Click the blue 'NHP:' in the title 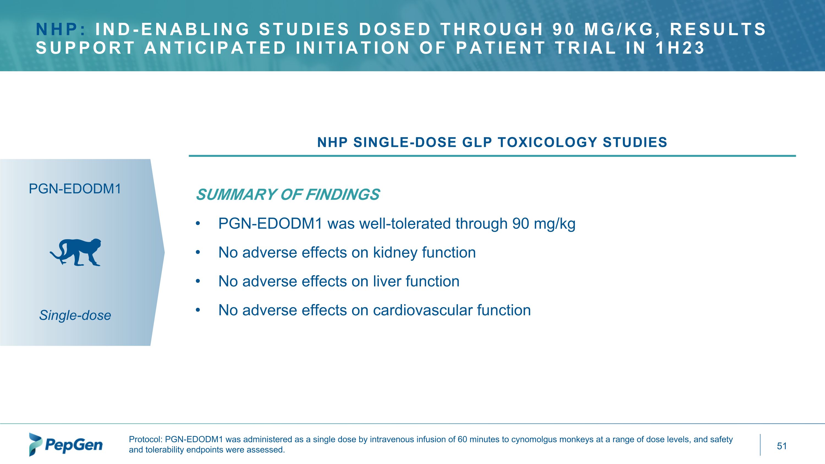61,29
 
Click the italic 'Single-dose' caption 75,315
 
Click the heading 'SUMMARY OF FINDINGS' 288,195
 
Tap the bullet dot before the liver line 198,281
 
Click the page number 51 782,446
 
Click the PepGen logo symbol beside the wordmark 35,444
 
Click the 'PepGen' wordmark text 74,445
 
